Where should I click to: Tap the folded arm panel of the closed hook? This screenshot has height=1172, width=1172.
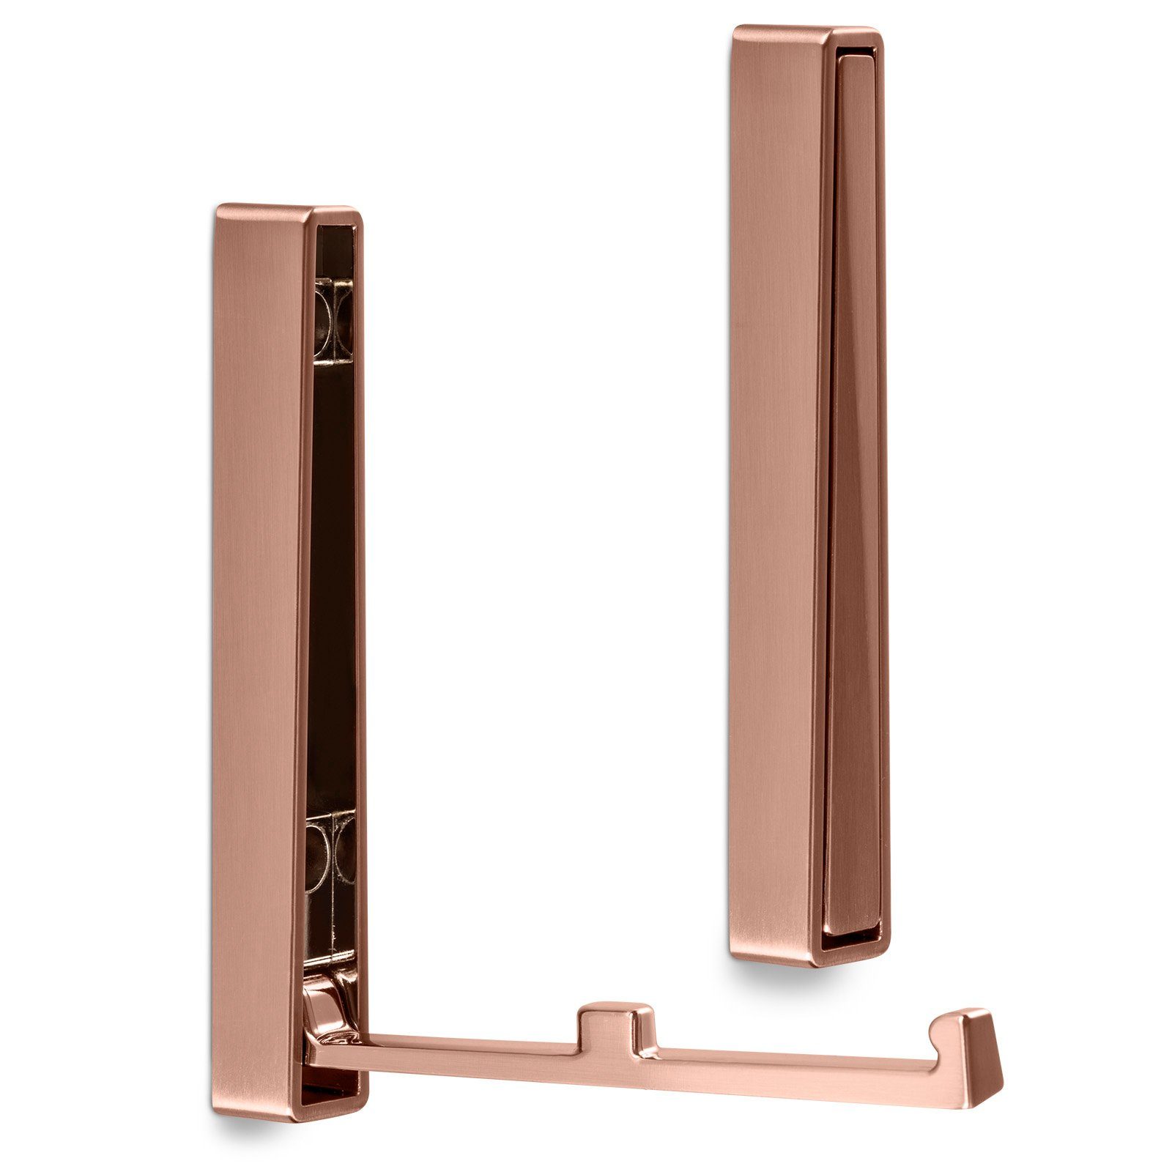pyautogui.click(x=853, y=513)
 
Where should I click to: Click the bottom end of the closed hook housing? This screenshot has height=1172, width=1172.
pyautogui.click(x=806, y=956)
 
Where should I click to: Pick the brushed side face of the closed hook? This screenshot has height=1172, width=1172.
pyautogui.click(x=776, y=476)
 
